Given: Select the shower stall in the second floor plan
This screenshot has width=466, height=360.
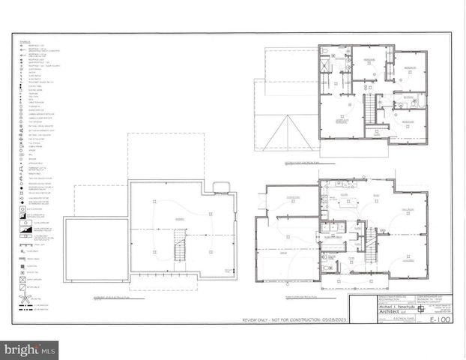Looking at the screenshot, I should tap(325, 65).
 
